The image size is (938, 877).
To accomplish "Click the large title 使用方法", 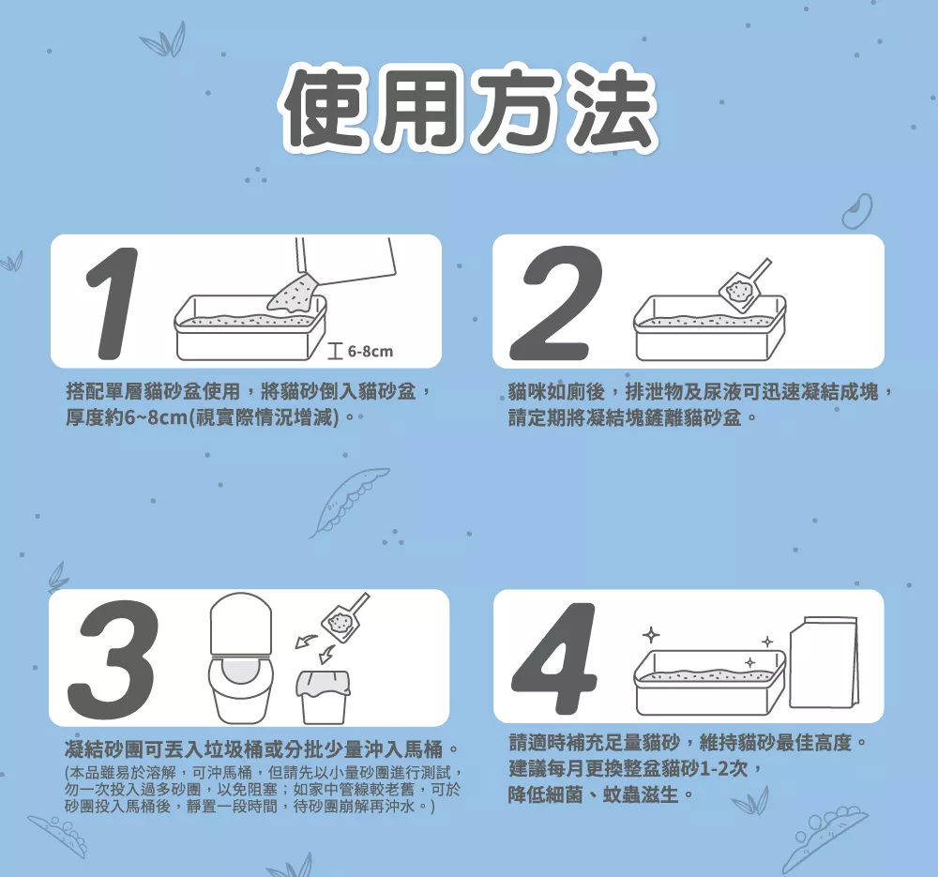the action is [471, 110].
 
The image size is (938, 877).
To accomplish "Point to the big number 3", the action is [113, 658].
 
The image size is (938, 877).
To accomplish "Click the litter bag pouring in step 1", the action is [333, 275].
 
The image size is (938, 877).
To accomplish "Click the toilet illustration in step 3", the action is [241, 658].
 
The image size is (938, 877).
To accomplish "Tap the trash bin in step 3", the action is [323, 697].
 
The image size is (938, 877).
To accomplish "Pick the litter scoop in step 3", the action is [345, 617].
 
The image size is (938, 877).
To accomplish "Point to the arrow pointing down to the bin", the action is [326, 654].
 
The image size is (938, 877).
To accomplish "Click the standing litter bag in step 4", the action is [825, 662].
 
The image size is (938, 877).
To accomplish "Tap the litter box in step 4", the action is [709, 682].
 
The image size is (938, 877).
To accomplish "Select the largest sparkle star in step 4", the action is [651, 635].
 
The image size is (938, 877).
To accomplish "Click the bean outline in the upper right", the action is [857, 211].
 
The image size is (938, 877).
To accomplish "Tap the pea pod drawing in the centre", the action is [349, 501].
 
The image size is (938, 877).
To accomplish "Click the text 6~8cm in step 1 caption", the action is [156, 417].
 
